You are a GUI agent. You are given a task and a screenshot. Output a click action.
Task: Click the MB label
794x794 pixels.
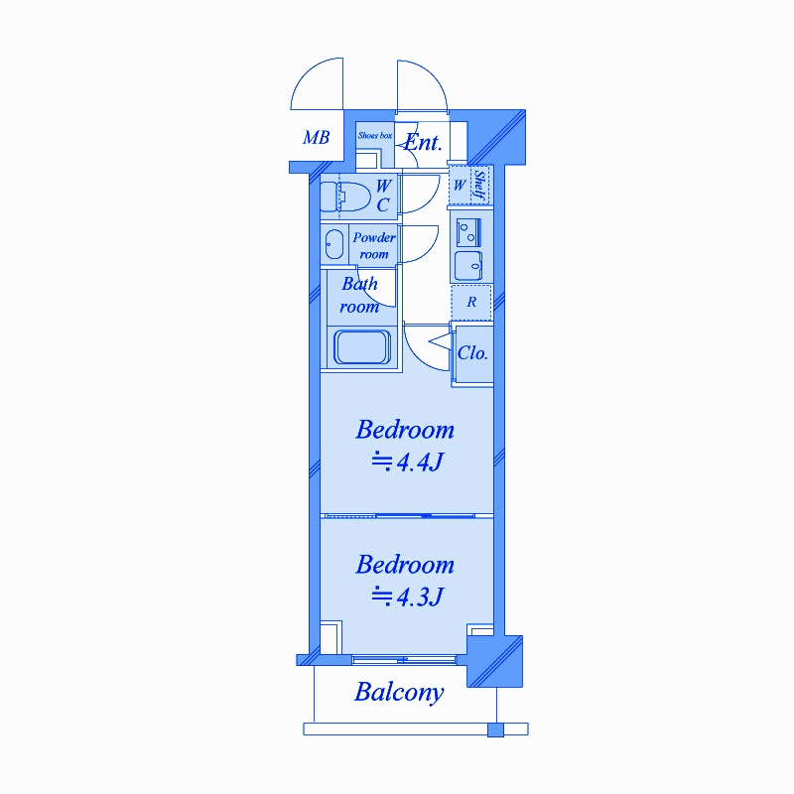(x=316, y=137)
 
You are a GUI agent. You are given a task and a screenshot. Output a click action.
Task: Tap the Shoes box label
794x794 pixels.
(x=375, y=135)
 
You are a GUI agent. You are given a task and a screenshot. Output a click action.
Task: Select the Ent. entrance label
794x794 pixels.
(x=424, y=142)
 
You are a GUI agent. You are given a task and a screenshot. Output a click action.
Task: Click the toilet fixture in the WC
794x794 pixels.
(x=345, y=197)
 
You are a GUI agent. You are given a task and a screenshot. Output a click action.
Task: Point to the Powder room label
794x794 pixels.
(x=374, y=245)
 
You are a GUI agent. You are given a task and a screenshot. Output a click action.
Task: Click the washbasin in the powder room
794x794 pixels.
(x=333, y=244)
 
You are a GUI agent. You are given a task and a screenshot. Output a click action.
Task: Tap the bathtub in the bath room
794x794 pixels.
(x=362, y=347)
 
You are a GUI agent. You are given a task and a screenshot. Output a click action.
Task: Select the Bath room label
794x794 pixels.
(x=359, y=295)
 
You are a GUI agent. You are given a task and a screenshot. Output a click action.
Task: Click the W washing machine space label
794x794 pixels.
(x=460, y=186)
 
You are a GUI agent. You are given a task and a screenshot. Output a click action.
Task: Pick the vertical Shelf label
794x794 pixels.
(x=479, y=185)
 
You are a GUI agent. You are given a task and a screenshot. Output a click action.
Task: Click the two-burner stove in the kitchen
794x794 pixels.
(x=468, y=232)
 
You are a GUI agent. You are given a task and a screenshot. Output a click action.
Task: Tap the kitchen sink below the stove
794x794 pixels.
(x=468, y=266)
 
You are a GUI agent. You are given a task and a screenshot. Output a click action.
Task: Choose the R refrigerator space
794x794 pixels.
(x=471, y=303)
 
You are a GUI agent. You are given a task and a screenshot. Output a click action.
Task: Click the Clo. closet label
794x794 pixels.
(x=472, y=353)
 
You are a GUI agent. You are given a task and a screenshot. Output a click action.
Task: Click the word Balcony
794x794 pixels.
(x=399, y=693)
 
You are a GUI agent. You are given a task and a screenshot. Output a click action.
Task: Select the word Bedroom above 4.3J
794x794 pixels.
(x=405, y=565)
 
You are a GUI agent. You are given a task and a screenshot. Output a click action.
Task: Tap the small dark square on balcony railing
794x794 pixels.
(x=495, y=730)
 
